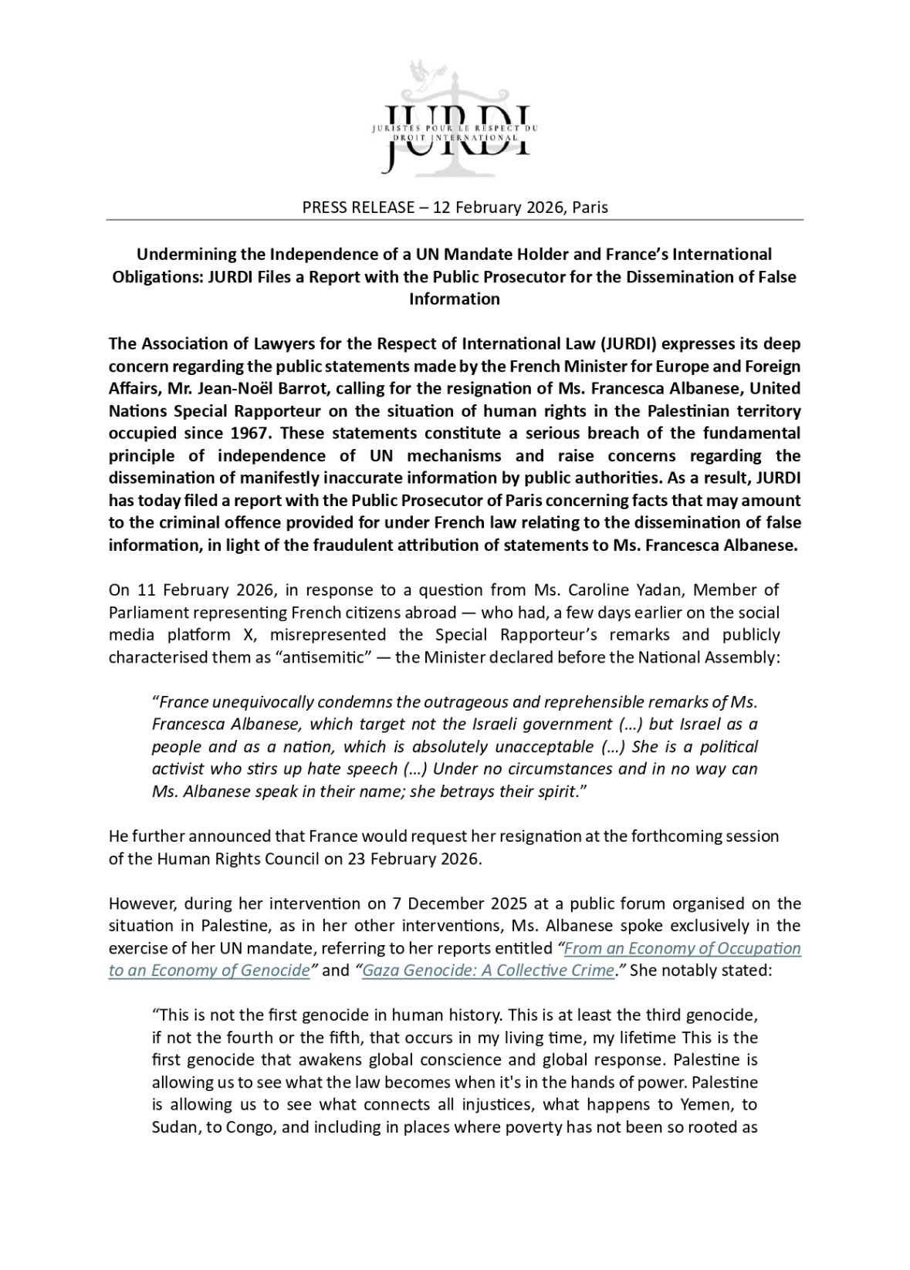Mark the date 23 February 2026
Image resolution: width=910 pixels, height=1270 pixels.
point(412,859)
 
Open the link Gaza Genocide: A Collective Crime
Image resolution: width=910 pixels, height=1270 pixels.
point(488,971)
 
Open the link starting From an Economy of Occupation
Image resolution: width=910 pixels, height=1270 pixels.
point(682,948)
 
